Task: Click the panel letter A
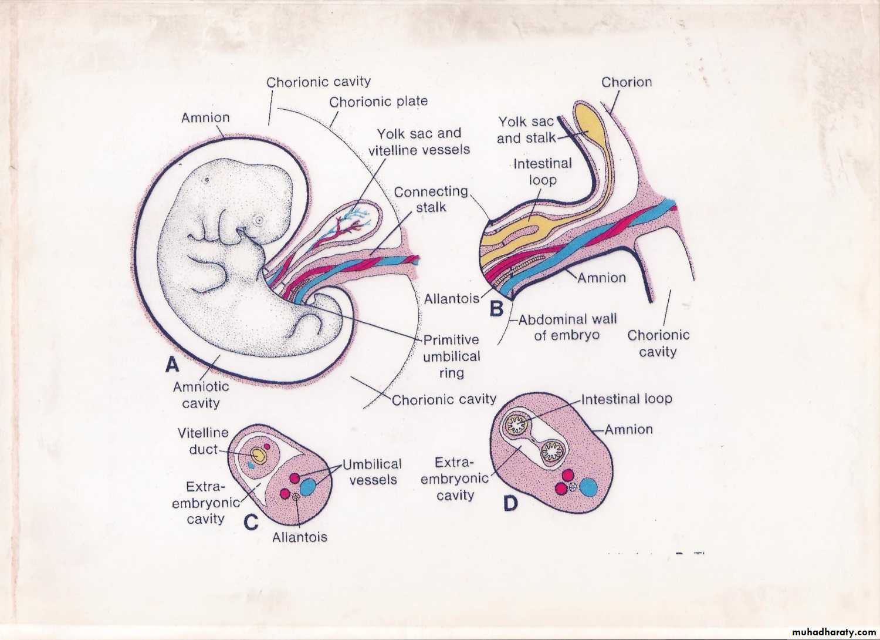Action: tap(172, 365)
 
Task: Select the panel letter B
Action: tap(496, 308)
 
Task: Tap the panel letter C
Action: tap(251, 522)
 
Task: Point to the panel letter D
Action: tap(511, 503)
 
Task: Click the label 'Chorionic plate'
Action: tap(378, 102)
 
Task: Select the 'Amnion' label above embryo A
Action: tap(205, 117)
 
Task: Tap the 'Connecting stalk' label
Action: tap(431, 199)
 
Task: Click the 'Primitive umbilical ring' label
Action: tap(451, 356)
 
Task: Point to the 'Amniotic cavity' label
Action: tap(201, 395)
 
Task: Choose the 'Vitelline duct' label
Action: tap(203, 441)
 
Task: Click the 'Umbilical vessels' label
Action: tap(372, 471)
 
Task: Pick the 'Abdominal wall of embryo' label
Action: tap(567, 327)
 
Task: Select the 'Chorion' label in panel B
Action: tap(626, 82)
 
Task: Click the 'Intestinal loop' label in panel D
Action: tap(626, 399)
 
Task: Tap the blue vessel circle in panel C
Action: tap(307, 487)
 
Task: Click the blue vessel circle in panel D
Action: tap(588, 487)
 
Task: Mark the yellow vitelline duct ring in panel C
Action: tap(258, 454)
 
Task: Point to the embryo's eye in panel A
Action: tap(258, 220)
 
